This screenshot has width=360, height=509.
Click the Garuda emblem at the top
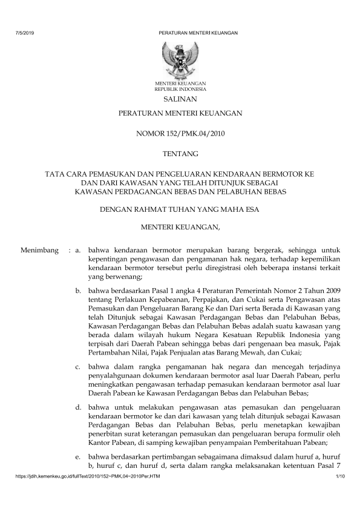point(180,59)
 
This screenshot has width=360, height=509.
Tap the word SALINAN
point(180,99)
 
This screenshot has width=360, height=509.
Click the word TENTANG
point(180,154)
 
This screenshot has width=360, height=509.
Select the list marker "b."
point(79,291)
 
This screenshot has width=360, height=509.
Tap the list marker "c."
point(79,367)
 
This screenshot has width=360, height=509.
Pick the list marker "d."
point(79,409)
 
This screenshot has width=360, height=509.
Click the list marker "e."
point(79,456)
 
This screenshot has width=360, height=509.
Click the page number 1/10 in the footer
point(339,479)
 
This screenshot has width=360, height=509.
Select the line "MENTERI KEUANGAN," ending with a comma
point(180,228)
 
